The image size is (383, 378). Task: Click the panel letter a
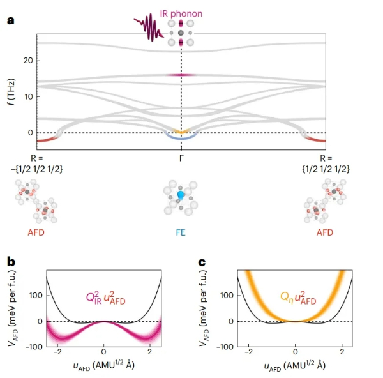pos(11,20)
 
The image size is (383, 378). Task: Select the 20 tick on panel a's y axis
pos(28,61)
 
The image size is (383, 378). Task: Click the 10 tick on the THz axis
pos(28,96)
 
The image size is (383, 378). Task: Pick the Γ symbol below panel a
pos(181,156)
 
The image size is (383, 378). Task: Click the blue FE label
pos(181,232)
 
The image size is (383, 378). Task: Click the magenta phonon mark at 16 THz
pos(181,75)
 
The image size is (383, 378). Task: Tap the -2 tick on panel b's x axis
pos(57,354)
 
